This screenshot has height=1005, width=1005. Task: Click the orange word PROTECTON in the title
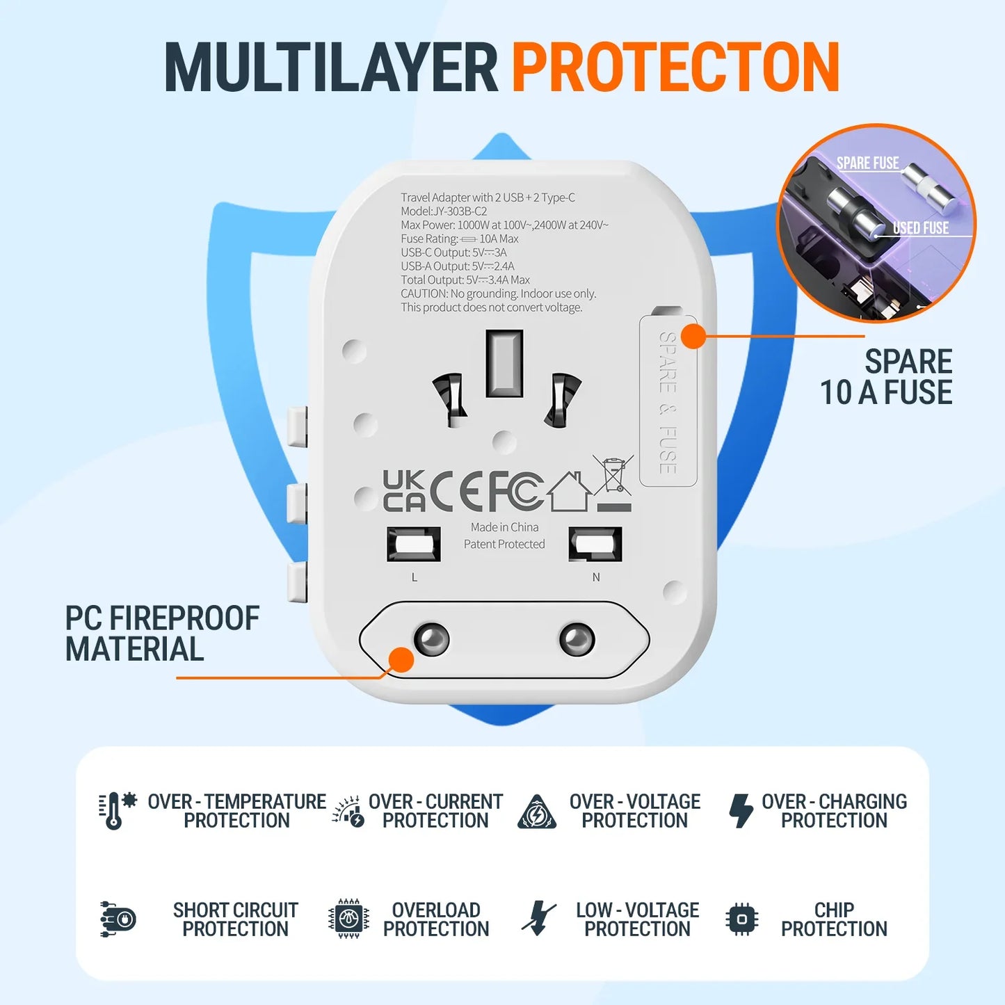[675, 67]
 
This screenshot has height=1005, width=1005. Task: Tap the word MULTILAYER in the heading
[331, 67]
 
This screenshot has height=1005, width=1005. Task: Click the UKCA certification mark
[403, 490]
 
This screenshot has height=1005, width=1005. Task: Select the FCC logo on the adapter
[516, 490]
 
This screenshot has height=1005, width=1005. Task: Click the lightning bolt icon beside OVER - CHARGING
[741, 810]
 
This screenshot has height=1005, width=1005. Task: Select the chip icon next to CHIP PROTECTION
[741, 919]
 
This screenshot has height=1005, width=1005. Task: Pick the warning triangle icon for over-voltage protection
[537, 812]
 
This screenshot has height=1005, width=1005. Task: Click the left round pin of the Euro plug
[431, 639]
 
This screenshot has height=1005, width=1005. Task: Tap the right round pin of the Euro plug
[577, 639]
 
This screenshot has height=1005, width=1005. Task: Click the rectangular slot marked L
[414, 544]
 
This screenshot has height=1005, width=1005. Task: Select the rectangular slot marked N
[595, 544]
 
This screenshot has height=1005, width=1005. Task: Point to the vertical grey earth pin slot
[504, 364]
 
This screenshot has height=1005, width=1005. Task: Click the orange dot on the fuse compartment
[693, 337]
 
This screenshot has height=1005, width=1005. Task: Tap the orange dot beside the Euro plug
[401, 660]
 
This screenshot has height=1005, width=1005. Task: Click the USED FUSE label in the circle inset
[921, 228]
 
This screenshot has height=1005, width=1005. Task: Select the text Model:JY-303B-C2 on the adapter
[444, 211]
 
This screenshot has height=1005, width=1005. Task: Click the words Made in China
[504, 527]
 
